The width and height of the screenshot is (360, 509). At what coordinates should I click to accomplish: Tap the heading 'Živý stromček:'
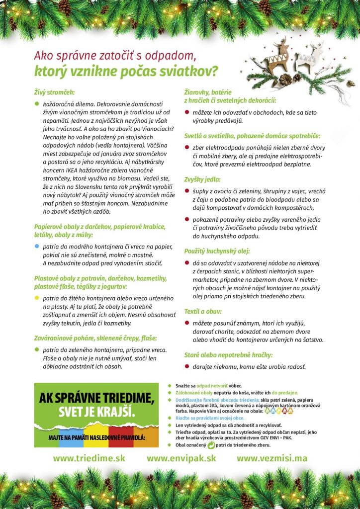tap(54, 92)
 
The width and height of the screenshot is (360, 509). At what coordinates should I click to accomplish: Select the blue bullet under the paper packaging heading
tap(36, 247)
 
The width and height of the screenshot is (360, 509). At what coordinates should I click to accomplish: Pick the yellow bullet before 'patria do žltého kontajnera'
tap(36, 298)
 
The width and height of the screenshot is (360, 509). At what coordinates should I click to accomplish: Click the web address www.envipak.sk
tap(181, 458)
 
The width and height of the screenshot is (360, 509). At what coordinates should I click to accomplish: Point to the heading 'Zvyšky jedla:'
tap(202, 179)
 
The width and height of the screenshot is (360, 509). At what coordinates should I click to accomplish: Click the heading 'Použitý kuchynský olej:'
tap(217, 251)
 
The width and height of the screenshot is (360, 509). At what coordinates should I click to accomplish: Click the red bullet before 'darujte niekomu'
tap(187, 367)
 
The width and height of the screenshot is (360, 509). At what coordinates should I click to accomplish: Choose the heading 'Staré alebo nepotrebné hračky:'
tap(228, 355)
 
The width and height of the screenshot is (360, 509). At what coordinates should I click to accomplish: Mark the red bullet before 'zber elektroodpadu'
tap(187, 148)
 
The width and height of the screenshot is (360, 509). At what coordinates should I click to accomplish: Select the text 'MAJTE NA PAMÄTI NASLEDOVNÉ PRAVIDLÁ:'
tap(96, 437)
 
